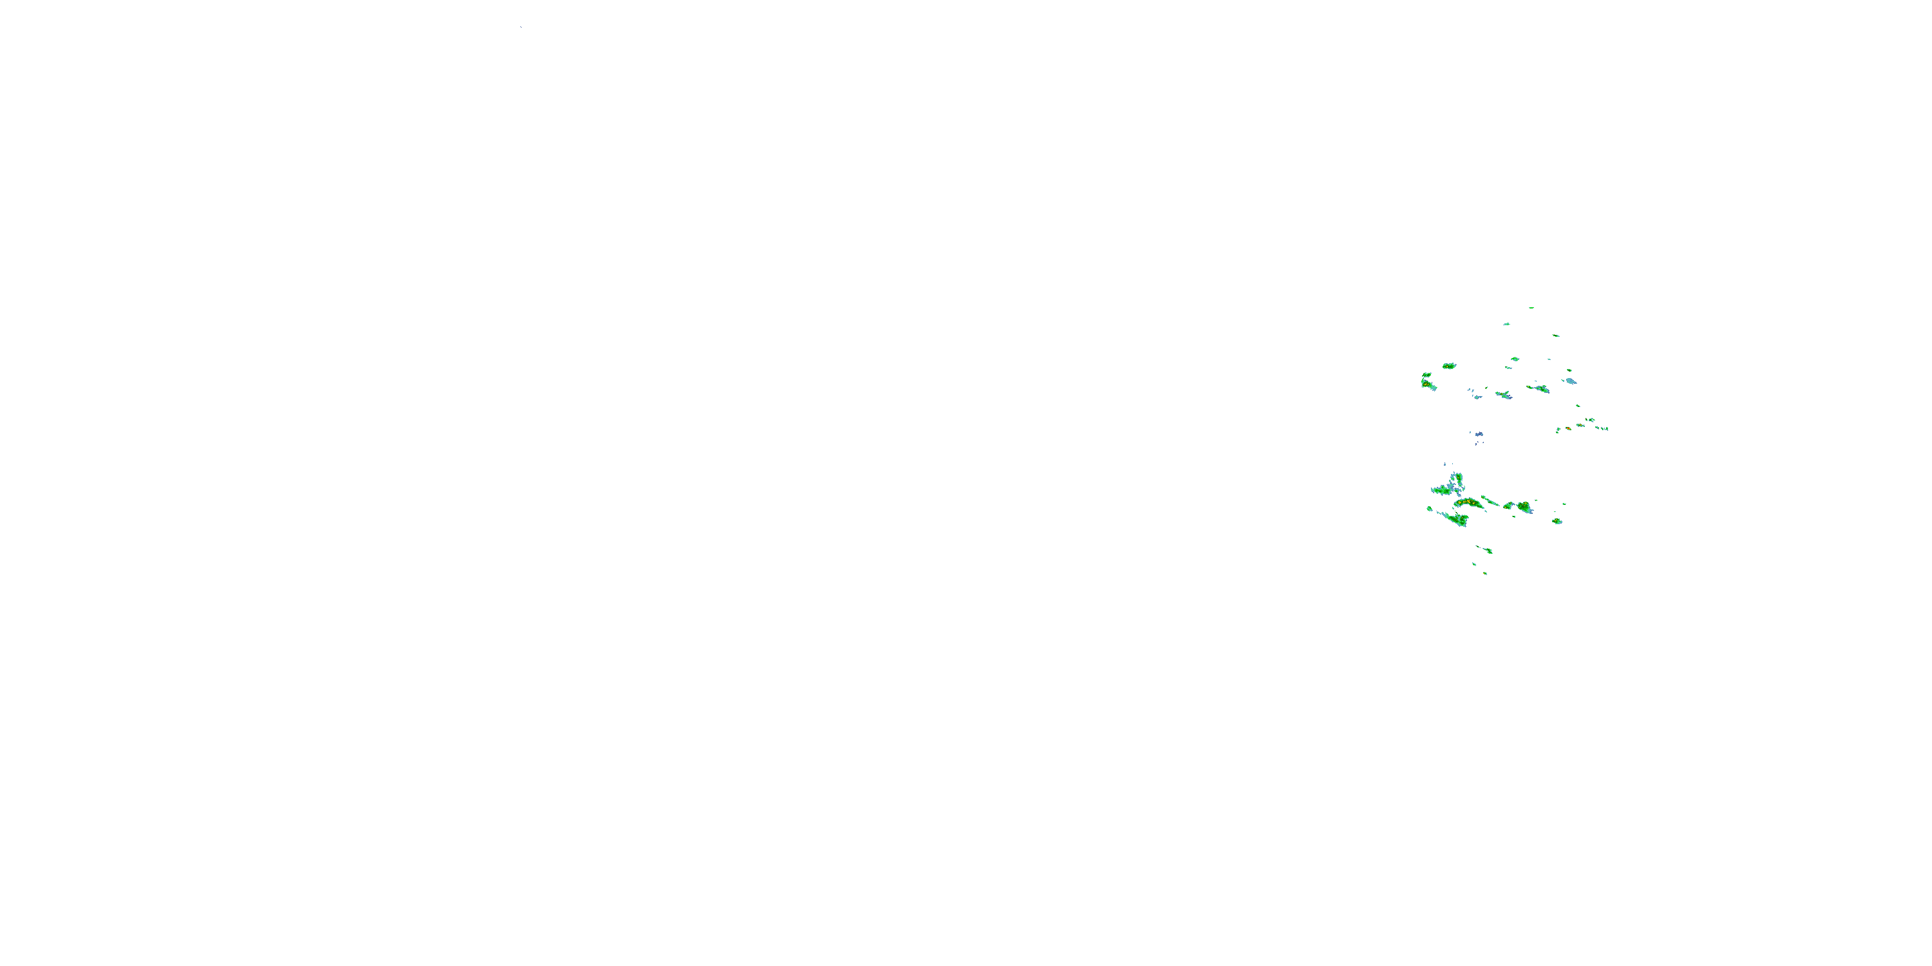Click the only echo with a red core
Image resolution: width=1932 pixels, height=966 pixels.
pyautogui.click(x=1568, y=428)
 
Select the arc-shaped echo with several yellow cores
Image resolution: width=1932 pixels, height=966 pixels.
pyautogui.click(x=1468, y=502)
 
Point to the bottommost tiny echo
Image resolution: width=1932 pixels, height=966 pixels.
pyautogui.click(x=1485, y=574)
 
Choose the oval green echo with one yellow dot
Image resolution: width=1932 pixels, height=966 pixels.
pyautogui.click(x=1449, y=366)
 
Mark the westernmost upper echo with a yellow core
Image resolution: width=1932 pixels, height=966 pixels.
pyautogui.click(x=1427, y=383)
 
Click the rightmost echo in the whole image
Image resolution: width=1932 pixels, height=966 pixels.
pyautogui.click(x=1605, y=428)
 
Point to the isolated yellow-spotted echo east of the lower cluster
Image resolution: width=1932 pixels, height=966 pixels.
pyautogui.click(x=1557, y=521)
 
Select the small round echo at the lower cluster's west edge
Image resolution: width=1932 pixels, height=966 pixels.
pyautogui.click(x=1430, y=509)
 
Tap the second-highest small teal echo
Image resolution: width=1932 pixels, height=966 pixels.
pyautogui.click(x=1506, y=324)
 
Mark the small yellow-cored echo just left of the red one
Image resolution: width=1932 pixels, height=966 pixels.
pyautogui.click(x=1558, y=430)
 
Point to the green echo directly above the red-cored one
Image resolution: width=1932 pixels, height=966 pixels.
pyautogui.click(x=1577, y=406)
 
